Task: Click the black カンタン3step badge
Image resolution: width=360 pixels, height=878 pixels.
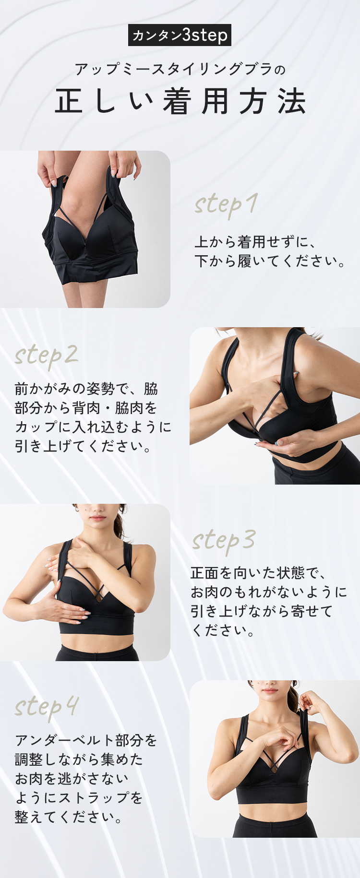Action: [x=180, y=35]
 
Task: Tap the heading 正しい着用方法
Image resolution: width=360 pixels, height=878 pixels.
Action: [x=180, y=101]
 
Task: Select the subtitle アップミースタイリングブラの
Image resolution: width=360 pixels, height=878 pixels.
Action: [x=180, y=70]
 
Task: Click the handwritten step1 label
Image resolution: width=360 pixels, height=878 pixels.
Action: [x=226, y=205]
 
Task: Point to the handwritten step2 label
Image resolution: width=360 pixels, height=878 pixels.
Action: [x=46, y=356]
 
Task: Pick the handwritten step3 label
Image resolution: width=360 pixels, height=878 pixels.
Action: [x=224, y=541]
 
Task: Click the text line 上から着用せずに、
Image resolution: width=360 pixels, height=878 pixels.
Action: [x=255, y=241]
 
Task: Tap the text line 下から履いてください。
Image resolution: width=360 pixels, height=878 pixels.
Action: [x=270, y=261]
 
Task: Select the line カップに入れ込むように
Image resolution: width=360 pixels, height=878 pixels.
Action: [x=93, y=427]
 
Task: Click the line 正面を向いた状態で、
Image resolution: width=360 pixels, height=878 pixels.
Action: [x=258, y=572]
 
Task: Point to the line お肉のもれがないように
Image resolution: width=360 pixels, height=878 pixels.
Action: [x=269, y=592]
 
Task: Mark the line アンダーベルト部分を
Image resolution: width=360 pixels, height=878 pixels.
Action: [x=86, y=740]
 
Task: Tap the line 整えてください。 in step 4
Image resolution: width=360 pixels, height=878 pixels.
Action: [x=69, y=817]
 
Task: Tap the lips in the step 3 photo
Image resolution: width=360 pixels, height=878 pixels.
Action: [x=97, y=519]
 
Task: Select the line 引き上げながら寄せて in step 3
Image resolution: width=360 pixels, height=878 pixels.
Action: [x=262, y=611]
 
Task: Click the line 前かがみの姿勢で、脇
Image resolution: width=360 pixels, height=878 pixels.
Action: [x=86, y=388]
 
